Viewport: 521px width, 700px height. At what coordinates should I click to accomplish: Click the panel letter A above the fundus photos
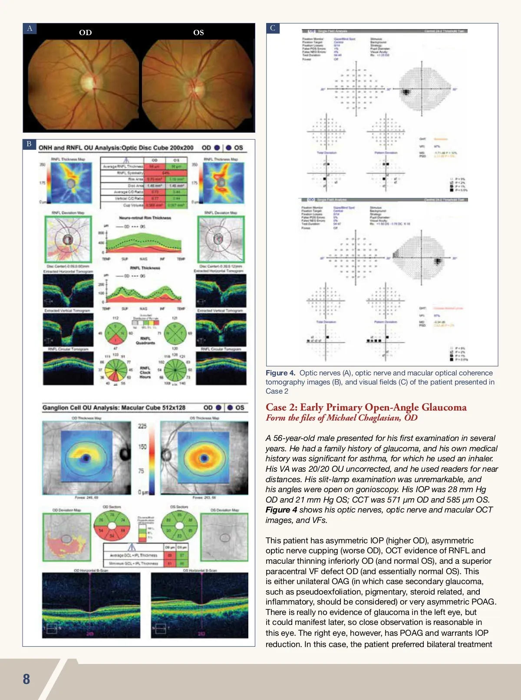pyautogui.click(x=30, y=29)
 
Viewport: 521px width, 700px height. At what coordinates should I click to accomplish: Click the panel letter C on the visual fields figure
pyautogui.click(x=273, y=28)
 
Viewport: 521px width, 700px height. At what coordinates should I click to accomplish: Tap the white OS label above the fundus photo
pyautogui.click(x=198, y=33)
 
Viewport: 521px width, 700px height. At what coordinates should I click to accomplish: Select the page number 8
pyautogui.click(x=26, y=679)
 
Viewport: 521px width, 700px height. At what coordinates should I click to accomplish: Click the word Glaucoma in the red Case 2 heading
pyautogui.click(x=444, y=407)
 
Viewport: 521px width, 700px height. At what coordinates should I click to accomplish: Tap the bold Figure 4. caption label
pyautogui.click(x=280, y=373)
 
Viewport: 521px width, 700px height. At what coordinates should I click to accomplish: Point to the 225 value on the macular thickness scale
pyautogui.click(x=142, y=426)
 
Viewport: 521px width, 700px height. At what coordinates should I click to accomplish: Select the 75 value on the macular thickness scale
pyautogui.click(x=141, y=470)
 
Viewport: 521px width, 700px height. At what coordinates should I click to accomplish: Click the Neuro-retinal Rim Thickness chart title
pyautogui.click(x=145, y=218)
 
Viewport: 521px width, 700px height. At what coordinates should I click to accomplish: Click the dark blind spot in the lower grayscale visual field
pyautogui.click(x=438, y=261)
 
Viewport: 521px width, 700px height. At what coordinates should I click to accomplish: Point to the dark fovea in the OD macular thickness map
pyautogui.click(x=86, y=458)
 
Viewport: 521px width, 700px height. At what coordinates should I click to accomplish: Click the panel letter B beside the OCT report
pyautogui.click(x=29, y=144)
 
